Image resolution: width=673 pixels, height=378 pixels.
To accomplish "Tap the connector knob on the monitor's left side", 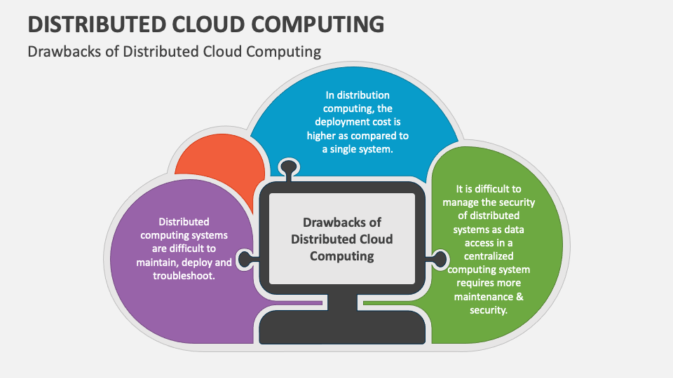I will coord(245,258).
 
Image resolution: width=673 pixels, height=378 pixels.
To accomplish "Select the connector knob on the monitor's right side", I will coord(440,258).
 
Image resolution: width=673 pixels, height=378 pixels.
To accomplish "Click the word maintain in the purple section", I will coord(158,262).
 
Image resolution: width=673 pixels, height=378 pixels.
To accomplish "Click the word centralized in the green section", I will coord(488,255).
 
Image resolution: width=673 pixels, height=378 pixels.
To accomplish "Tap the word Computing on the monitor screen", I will coord(342,255).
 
